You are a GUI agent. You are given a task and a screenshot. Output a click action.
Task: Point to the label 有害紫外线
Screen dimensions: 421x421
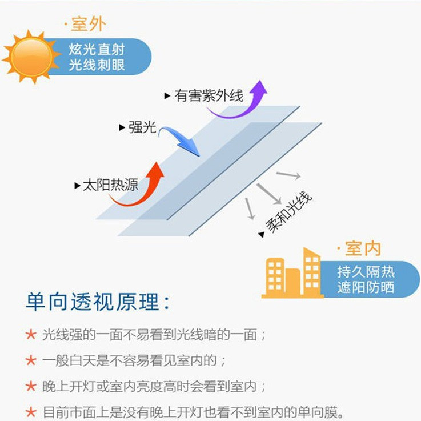coord(209,95)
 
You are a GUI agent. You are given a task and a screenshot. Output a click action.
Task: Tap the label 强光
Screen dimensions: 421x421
coord(142,127)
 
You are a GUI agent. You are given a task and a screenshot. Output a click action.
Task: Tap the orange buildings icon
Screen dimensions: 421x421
coord(293,274)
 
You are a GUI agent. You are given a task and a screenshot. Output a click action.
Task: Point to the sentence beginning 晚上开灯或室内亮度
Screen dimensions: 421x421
coord(154,386)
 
